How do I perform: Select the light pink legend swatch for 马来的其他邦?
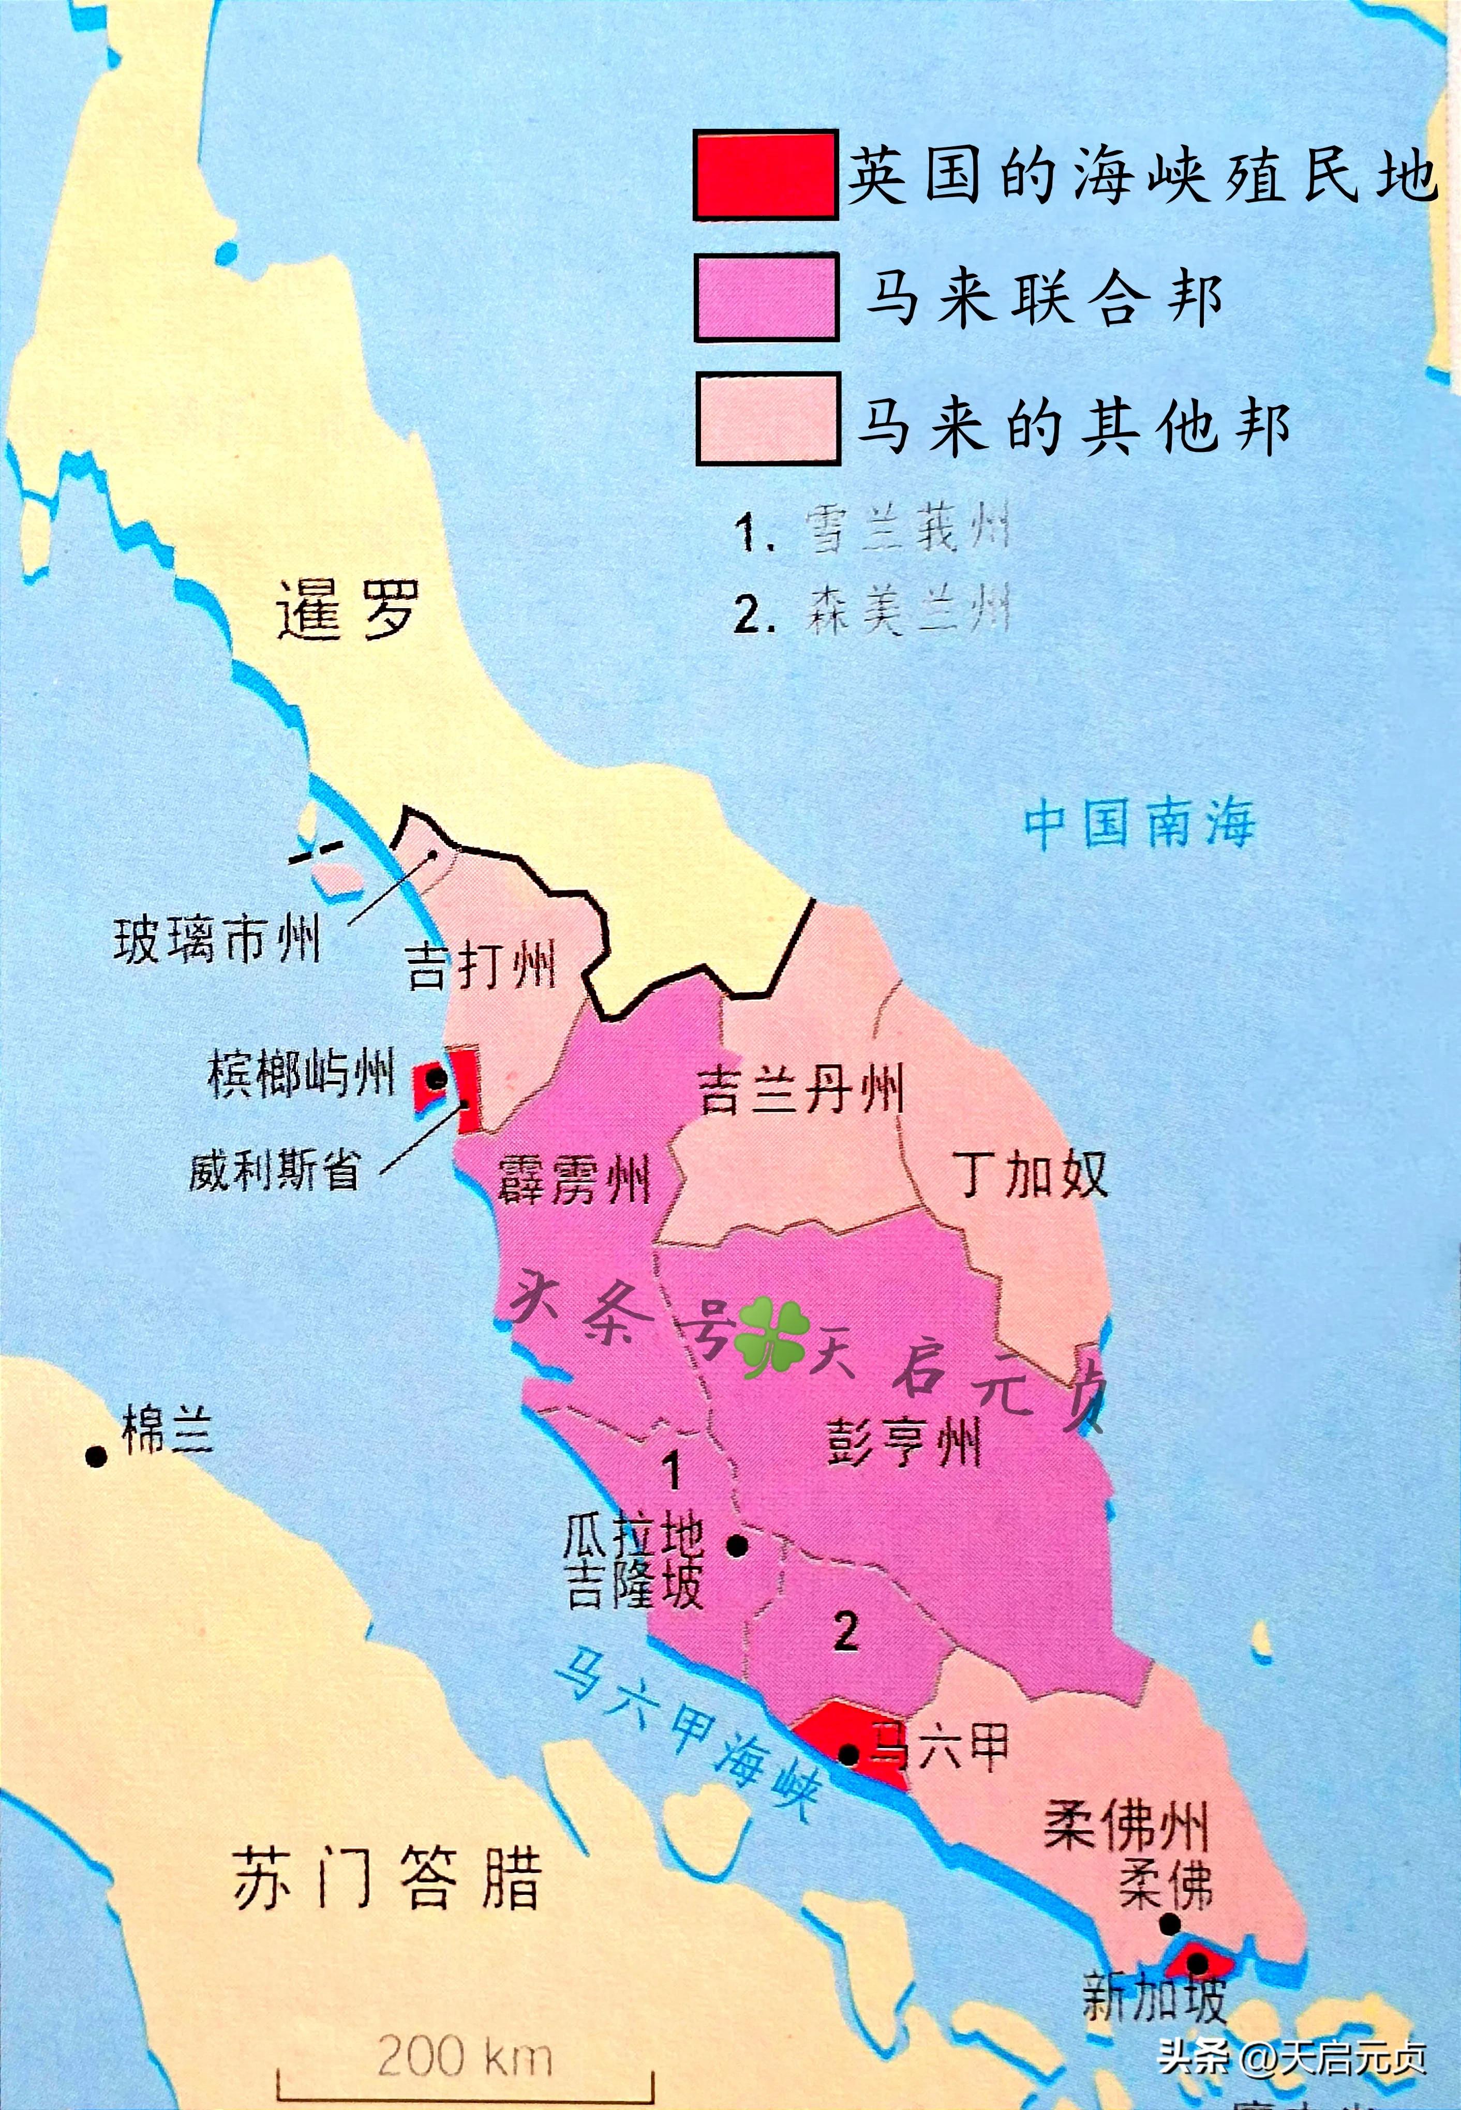pos(767,419)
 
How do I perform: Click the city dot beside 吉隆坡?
pos(737,1545)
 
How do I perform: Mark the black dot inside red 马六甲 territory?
pos(848,1754)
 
